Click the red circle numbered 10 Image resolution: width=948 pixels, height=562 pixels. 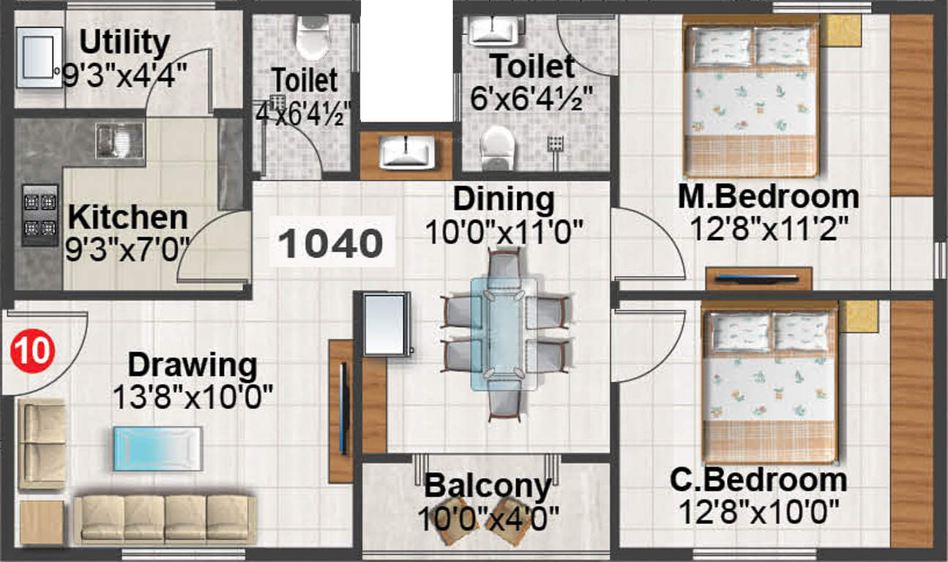(x=33, y=351)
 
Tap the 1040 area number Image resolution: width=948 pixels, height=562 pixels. (x=331, y=243)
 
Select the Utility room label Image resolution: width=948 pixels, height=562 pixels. (x=124, y=42)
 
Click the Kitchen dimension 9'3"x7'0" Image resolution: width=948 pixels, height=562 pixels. (x=127, y=250)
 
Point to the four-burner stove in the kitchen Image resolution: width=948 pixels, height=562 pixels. (x=40, y=215)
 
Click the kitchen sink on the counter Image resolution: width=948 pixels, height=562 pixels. (x=120, y=141)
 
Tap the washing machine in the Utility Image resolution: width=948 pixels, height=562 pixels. (x=40, y=58)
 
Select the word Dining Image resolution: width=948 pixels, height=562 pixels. (x=504, y=199)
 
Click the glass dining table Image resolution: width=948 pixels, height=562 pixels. (x=504, y=334)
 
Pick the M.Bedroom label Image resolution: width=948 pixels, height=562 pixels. (x=769, y=197)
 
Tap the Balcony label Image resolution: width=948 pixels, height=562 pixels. (x=488, y=486)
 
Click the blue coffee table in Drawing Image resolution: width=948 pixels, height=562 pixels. (x=158, y=449)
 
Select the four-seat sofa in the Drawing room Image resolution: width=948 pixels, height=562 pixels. (x=165, y=520)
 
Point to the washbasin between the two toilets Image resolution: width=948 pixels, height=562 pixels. (x=406, y=152)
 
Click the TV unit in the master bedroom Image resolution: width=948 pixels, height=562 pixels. (x=758, y=279)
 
